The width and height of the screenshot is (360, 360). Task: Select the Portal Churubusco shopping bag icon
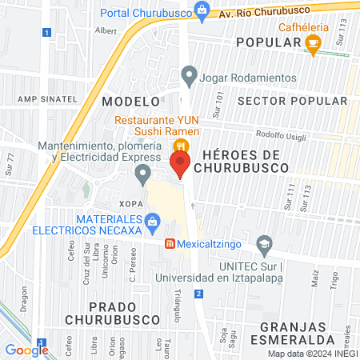(x=203, y=10)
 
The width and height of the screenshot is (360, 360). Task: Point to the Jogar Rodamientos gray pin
(x=189, y=78)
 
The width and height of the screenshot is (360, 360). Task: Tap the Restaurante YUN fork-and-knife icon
(x=182, y=146)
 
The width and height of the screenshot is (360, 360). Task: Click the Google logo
(x=26, y=350)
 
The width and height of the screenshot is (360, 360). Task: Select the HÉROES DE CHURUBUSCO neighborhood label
(x=242, y=161)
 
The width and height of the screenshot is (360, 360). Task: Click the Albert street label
(x=106, y=30)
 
